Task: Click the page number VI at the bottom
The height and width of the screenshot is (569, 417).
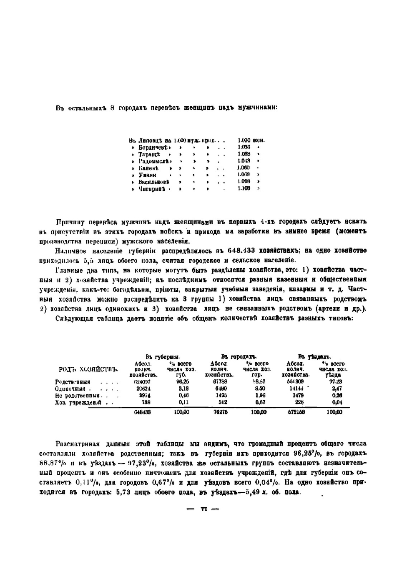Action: pyautogui.click(x=204, y=509)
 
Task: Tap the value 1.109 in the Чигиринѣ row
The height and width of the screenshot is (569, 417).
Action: pyautogui.click(x=244, y=189)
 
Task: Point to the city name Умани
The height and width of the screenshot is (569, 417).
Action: pyautogui.click(x=147, y=175)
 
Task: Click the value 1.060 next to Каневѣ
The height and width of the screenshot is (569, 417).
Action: pyautogui.click(x=244, y=168)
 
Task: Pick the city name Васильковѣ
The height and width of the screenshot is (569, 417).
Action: pyautogui.click(x=154, y=182)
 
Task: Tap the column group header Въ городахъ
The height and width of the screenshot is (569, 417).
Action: pyautogui.click(x=239, y=357)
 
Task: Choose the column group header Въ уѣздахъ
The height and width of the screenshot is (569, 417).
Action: pyautogui.click(x=314, y=357)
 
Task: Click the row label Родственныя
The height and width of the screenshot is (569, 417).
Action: pyautogui.click(x=73, y=381)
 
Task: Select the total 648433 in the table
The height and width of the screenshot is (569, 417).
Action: pyautogui.click(x=142, y=412)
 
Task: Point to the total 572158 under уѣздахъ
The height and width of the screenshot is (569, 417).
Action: pyautogui.click(x=296, y=412)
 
